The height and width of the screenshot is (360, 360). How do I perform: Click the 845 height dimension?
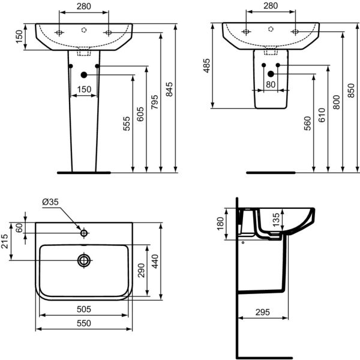170,89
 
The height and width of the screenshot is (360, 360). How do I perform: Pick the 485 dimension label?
208,65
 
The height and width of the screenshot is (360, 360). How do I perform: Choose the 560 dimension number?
307,123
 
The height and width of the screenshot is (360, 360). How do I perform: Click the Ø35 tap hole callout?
50,203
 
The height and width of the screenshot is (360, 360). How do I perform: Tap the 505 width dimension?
83,310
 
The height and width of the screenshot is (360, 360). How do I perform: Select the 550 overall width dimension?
83,323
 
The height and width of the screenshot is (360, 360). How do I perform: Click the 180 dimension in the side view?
220,223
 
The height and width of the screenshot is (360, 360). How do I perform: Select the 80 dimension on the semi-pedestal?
271,85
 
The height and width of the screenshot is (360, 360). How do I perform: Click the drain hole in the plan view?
84,260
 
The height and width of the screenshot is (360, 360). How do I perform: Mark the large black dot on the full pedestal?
83,74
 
